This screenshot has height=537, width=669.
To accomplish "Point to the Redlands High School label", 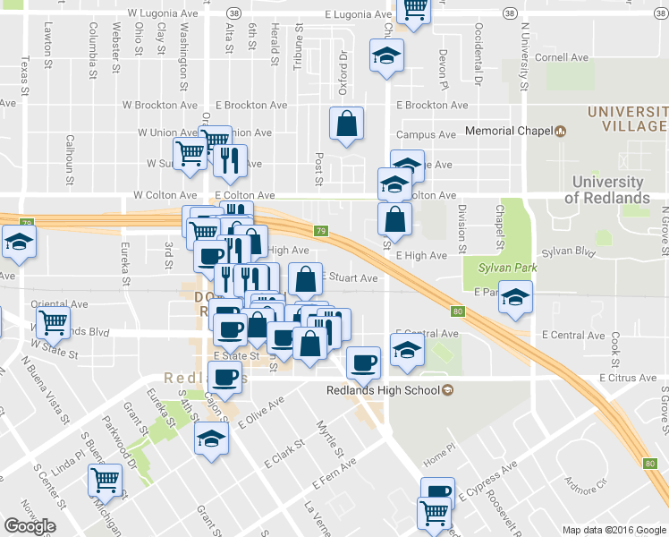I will (383, 390).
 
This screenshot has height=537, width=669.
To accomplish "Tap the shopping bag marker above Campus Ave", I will (346, 124).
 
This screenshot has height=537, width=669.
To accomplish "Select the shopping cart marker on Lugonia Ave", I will (413, 8).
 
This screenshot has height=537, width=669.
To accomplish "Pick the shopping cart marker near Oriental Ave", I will (53, 322).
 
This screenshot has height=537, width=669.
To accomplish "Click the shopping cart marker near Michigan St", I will (105, 481).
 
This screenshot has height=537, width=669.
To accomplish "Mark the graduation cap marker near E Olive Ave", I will (211, 439).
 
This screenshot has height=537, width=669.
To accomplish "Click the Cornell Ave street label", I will (563, 57).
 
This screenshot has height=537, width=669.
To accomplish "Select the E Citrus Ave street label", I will (623, 379).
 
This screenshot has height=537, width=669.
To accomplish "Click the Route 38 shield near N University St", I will (508, 14).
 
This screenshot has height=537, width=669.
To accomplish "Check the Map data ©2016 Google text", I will (614, 530).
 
